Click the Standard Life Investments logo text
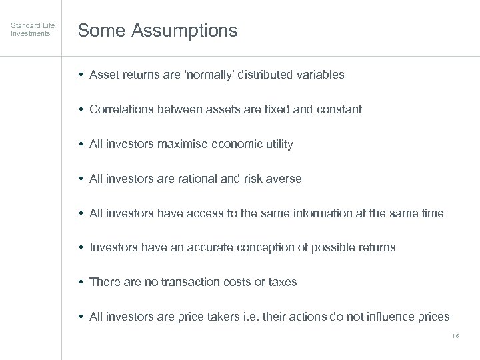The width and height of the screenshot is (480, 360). click(32, 30)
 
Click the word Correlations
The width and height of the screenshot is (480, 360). click(121, 109)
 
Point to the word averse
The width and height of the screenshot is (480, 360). click(285, 179)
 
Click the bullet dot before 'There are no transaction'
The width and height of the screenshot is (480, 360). click(81, 282)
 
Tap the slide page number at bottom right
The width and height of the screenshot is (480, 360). click(455, 337)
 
